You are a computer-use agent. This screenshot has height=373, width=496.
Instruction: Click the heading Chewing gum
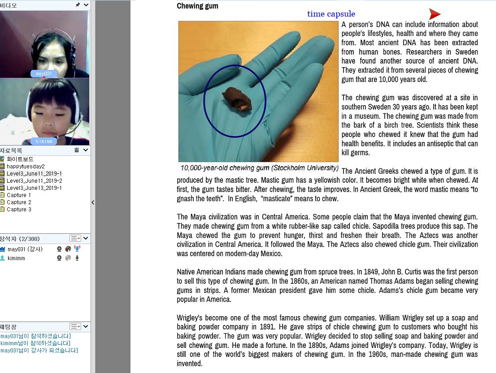(x=197, y=6)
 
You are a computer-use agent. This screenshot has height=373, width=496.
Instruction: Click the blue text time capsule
(x=331, y=14)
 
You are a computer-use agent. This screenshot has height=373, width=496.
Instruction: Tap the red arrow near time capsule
(x=434, y=14)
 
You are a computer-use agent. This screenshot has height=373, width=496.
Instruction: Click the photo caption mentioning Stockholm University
(x=259, y=168)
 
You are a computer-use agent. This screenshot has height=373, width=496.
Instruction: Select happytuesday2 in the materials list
(x=26, y=166)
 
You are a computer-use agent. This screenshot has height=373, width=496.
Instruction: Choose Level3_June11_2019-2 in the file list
(x=34, y=180)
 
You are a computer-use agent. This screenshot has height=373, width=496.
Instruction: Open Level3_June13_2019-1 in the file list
(x=34, y=188)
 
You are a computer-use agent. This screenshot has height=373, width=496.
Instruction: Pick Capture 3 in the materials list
(x=19, y=209)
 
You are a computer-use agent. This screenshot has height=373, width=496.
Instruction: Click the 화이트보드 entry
(x=20, y=159)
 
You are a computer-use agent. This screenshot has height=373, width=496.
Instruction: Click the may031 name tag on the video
(x=44, y=73)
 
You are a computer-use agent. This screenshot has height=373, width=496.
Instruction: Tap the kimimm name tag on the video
(x=44, y=141)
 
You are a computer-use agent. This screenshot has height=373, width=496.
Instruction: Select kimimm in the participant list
(x=16, y=258)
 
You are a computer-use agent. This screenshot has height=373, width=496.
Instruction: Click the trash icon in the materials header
(x=77, y=150)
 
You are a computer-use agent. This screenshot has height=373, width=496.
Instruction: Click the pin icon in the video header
(x=78, y=4)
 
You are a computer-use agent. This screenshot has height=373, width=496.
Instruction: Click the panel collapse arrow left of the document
(x=93, y=202)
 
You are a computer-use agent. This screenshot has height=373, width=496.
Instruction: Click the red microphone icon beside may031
(x=77, y=249)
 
